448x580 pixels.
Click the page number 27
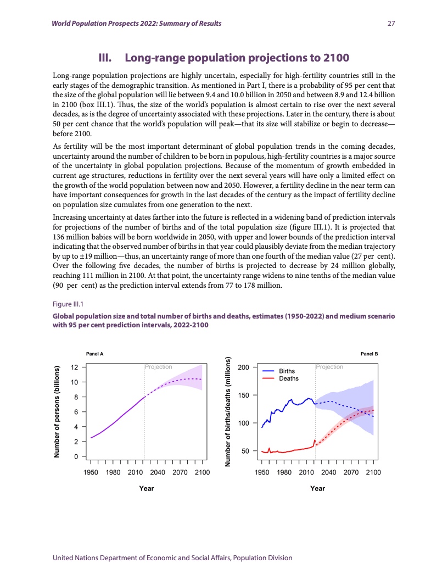pyautogui.click(x=391, y=24)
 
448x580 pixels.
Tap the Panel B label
pyautogui.click(x=369, y=354)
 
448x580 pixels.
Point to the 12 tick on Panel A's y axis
pyautogui.click(x=75, y=366)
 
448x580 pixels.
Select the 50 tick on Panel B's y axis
pyautogui.click(x=245, y=451)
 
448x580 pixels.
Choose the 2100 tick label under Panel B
pyautogui.click(x=373, y=472)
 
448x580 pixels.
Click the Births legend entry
pyautogui.click(x=287, y=372)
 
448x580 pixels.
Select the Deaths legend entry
pyautogui.click(x=289, y=379)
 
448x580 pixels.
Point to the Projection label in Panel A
pyautogui.click(x=159, y=367)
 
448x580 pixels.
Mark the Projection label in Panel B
pyautogui.click(x=330, y=367)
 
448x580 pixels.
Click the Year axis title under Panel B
pyautogui.click(x=317, y=488)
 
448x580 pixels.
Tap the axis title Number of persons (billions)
pyautogui.click(x=57, y=411)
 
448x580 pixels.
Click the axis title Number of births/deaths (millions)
pyautogui.click(x=229, y=411)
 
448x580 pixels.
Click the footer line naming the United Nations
pyautogui.click(x=172, y=558)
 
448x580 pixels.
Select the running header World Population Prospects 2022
pyautogui.click(x=136, y=24)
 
